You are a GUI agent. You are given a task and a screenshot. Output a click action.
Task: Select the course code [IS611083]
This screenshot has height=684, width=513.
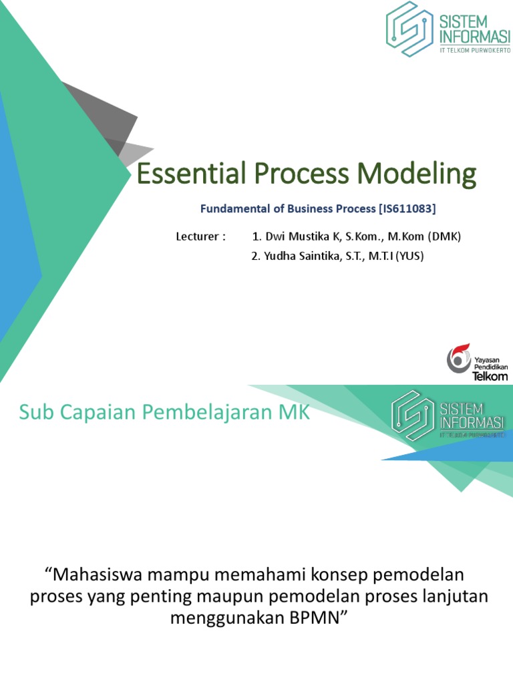click(407, 209)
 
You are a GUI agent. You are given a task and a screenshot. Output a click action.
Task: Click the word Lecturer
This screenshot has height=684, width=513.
click(198, 236)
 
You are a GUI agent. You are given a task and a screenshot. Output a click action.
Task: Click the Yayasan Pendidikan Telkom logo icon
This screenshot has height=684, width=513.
click(459, 359)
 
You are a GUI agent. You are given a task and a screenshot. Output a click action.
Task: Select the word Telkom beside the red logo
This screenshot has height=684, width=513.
click(490, 375)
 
